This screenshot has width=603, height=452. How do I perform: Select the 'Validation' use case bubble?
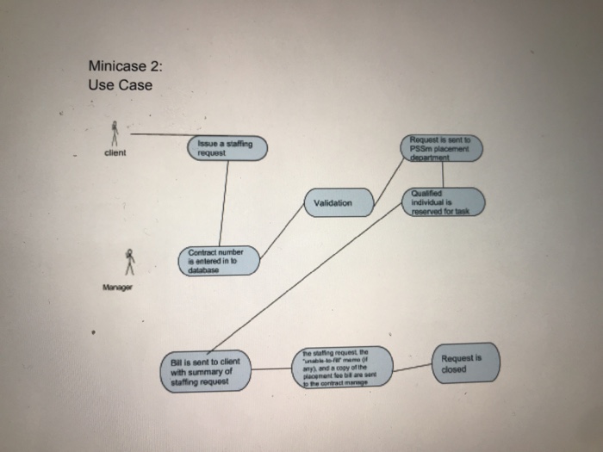pyautogui.click(x=338, y=203)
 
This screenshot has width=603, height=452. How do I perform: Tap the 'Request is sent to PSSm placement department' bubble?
pyautogui.click(x=444, y=147)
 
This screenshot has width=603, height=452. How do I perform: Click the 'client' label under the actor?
pyautogui.click(x=114, y=154)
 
